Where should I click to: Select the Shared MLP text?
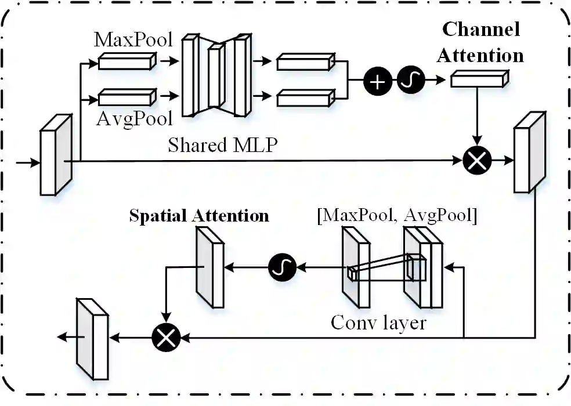coord(222,144)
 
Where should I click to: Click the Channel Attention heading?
coord(480,42)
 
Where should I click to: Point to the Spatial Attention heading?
coord(199,216)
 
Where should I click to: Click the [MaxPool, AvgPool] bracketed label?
coord(397,216)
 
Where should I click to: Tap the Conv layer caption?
coord(378,322)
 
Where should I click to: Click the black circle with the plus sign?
coord(378,82)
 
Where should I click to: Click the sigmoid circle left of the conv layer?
coord(283,267)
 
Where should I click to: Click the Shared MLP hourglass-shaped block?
coord(217,75)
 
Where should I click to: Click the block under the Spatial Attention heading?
coord(209,266)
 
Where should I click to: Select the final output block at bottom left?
coord(92,338)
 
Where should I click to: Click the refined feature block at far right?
coord(530,152)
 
